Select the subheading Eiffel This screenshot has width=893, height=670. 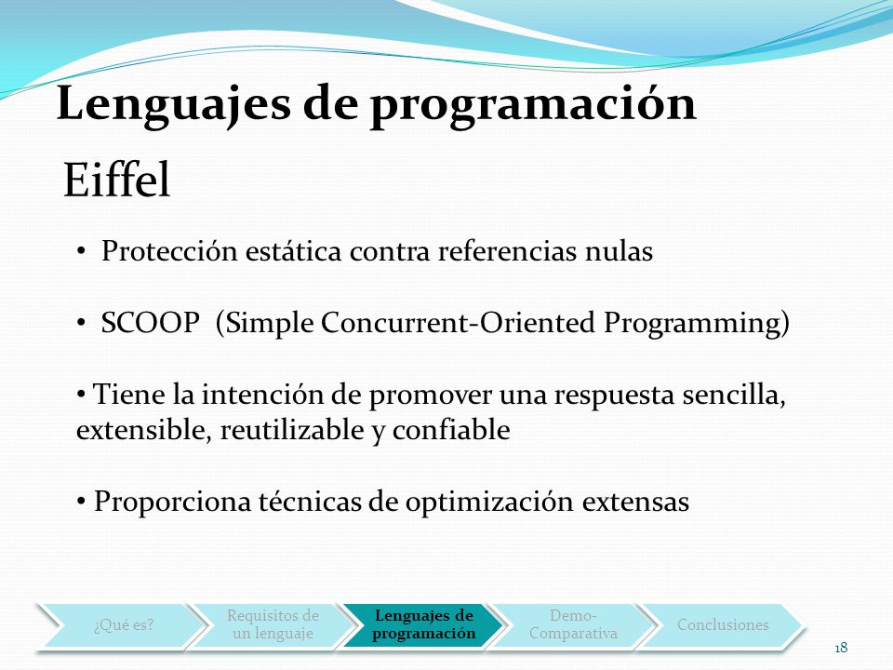(117, 180)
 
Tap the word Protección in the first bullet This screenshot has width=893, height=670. (169, 250)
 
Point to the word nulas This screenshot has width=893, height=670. (620, 251)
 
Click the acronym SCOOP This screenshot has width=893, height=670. (151, 323)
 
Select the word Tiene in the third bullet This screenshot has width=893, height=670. (129, 395)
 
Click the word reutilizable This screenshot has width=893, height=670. (291, 430)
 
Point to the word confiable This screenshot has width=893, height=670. (451, 430)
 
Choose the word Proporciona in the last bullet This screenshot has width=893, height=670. (172, 502)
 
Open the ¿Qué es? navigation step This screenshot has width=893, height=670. (124, 625)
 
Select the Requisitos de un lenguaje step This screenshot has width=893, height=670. (273, 625)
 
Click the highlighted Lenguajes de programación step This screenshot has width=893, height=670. (424, 625)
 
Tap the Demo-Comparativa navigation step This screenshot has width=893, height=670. (573, 625)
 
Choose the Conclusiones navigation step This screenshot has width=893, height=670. (723, 625)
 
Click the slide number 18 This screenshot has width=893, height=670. (841, 648)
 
